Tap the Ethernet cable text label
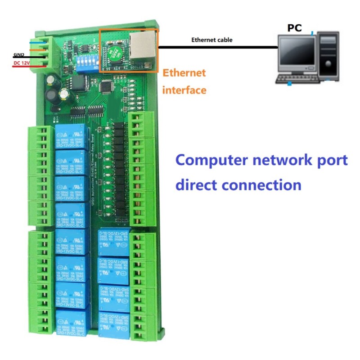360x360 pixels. [x=211, y=40]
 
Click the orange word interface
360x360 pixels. [x=184, y=90]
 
